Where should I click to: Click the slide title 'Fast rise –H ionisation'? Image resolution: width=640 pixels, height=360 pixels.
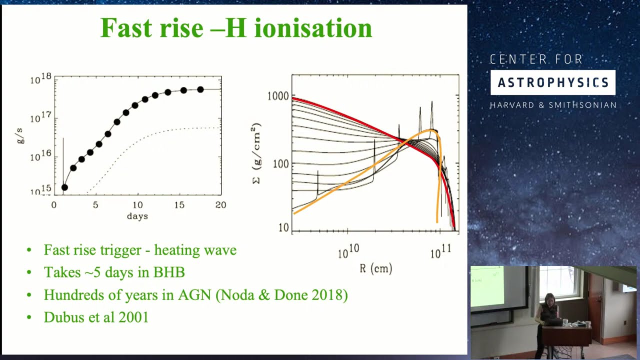(x=236, y=28)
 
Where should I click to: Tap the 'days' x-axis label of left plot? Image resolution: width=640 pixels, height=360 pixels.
(x=137, y=216)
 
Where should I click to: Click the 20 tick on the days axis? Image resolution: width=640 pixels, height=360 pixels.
(x=220, y=205)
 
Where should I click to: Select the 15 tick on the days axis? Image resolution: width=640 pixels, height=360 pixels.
(x=179, y=205)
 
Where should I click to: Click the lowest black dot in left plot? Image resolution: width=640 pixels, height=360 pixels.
(x=64, y=187)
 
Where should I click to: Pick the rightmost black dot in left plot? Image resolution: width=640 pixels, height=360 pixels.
(x=200, y=89)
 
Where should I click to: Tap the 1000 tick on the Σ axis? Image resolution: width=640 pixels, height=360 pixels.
(x=278, y=96)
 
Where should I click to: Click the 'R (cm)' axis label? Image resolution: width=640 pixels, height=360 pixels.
(x=375, y=268)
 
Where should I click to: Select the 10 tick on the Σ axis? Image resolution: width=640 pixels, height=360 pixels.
(x=283, y=228)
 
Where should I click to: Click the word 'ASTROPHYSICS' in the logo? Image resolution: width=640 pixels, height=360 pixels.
(x=553, y=83)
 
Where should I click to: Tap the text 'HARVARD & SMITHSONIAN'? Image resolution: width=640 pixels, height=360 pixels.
(x=553, y=105)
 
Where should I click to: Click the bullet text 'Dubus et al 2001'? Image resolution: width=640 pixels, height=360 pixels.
(x=96, y=317)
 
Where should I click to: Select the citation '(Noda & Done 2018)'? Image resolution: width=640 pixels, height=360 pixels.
(x=281, y=294)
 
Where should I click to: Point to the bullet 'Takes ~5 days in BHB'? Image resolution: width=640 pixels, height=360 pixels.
(x=114, y=272)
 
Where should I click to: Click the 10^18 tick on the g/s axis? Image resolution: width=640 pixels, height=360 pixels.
(x=40, y=78)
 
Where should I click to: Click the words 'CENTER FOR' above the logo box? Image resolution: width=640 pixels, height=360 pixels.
(x=536, y=60)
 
